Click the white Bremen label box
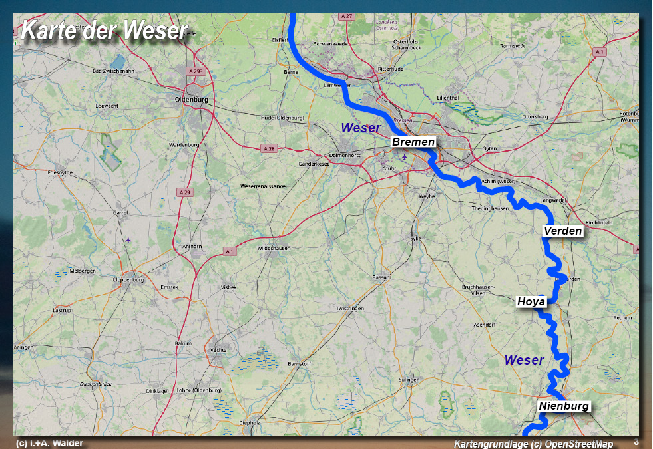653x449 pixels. [413, 142]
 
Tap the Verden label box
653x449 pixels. [563, 231]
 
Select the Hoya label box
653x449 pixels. [531, 302]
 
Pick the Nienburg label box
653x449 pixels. [564, 406]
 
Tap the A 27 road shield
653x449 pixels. [346, 15]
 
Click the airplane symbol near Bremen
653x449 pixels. [403, 158]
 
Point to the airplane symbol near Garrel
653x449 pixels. [128, 240]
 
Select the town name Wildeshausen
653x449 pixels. [274, 248]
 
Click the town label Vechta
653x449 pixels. [218, 350]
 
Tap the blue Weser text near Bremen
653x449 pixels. [360, 128]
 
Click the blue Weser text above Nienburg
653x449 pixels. [524, 360]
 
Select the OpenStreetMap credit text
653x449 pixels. [533, 444]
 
